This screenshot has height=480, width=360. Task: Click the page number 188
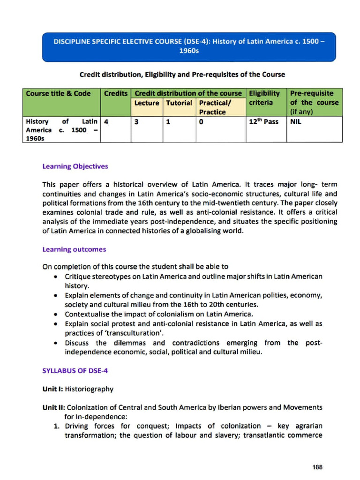click(317, 467)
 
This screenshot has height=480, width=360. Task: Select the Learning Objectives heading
click(75, 166)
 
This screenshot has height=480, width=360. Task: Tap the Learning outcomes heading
click(74, 249)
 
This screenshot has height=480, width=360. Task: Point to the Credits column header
click(116, 93)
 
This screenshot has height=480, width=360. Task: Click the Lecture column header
click(146, 103)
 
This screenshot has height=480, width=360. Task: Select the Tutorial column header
click(179, 103)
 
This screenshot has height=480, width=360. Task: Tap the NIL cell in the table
click(296, 122)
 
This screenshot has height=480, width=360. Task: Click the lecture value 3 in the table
click(135, 122)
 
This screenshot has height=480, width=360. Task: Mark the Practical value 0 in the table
click(201, 122)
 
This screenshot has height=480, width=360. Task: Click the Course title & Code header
click(58, 93)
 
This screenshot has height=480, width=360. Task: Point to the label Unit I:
click(52, 389)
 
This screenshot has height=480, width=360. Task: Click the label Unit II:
click(53, 407)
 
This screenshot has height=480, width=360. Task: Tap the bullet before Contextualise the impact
click(56, 315)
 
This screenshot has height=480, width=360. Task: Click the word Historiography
click(89, 389)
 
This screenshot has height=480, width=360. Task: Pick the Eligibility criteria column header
click(264, 97)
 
